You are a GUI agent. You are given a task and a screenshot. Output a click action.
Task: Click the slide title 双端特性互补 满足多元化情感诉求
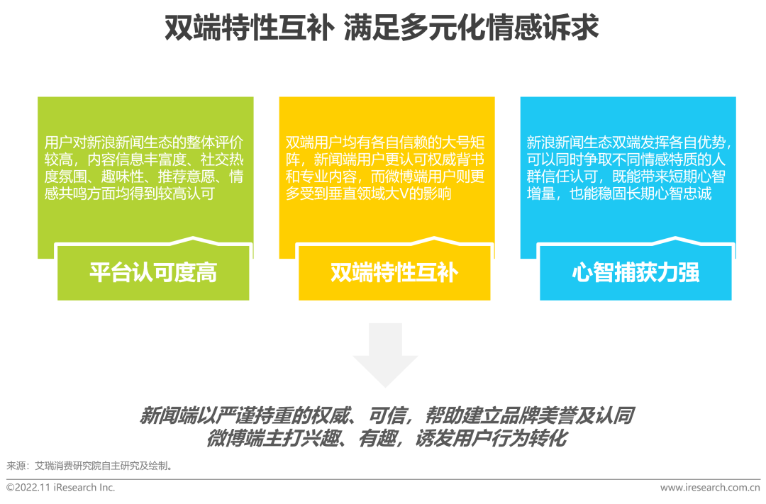point(382,28)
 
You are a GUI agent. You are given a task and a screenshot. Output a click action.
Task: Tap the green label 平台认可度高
point(153,272)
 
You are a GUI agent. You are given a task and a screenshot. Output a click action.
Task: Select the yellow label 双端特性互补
point(394,272)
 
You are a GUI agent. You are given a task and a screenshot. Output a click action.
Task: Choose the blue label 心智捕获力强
point(635,272)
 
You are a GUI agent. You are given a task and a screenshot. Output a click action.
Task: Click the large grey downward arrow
point(385,355)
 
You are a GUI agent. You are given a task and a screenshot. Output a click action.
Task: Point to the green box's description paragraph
point(144,168)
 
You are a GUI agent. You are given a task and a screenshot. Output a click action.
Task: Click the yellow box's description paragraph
point(385,168)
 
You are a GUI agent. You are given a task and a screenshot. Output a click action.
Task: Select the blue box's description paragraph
point(628,168)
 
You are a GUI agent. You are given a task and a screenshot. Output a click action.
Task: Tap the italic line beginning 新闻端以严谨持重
point(387,415)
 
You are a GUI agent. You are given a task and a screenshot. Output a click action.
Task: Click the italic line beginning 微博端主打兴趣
point(387,438)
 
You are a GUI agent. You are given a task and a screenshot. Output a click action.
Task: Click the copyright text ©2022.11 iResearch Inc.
point(60,488)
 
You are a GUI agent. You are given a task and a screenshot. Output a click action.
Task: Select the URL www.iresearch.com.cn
point(710,488)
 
